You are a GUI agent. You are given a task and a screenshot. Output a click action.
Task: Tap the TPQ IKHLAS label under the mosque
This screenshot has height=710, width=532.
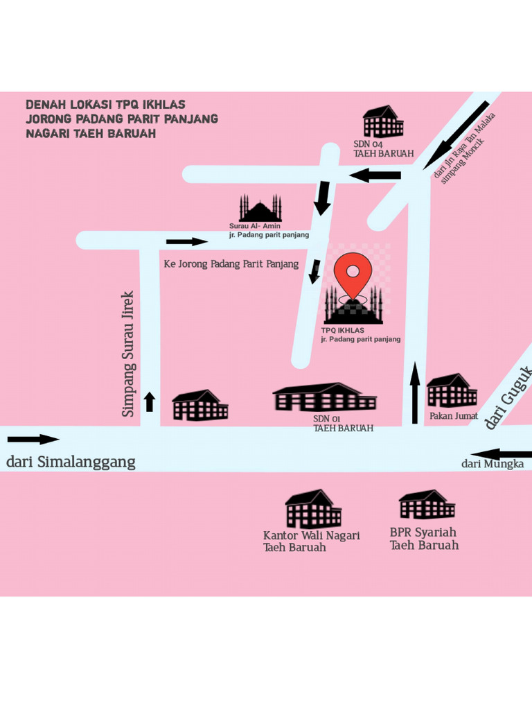coord(343,331)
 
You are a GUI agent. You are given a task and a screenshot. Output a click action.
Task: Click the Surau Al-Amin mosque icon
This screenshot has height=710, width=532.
coord(260,209)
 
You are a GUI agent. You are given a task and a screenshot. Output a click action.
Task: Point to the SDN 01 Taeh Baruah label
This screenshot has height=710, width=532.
coord(343,424)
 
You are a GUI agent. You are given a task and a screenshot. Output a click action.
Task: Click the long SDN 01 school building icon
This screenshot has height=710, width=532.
coord(324,397)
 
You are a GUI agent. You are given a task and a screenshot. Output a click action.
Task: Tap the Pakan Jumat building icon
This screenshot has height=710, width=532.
coord(451,391)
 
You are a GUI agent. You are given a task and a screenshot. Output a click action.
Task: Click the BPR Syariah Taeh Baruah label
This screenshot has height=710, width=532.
coord(424,539)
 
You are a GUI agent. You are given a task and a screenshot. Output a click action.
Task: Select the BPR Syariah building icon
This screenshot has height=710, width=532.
coord(427,505)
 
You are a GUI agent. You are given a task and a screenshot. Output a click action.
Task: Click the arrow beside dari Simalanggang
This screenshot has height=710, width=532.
coord(33,439)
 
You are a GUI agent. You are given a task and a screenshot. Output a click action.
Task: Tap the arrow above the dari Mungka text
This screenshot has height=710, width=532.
coord(501,455)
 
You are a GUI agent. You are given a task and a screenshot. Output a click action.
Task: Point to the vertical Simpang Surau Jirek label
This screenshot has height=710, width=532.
coord(128,354)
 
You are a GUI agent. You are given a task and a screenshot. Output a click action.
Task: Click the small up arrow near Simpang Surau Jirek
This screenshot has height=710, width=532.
coord(150,401)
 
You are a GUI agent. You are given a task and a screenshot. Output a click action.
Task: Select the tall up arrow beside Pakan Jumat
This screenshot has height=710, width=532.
coord(415,393)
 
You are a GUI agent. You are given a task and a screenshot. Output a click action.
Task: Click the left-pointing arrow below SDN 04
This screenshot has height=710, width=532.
coord(375,175)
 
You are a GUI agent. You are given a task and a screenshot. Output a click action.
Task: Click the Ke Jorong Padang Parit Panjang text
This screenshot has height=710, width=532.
coord(231,264)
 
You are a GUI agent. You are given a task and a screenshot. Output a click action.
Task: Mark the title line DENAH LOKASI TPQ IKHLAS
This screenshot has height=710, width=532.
coord(105,105)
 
